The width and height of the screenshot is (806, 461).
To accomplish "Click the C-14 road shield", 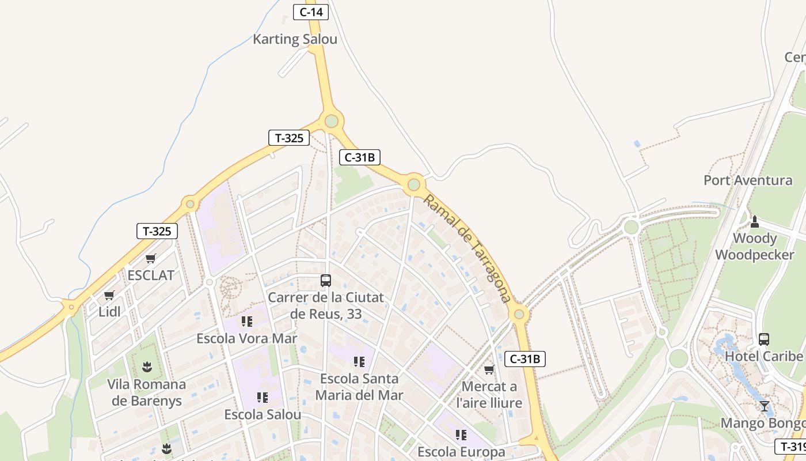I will click(311, 12).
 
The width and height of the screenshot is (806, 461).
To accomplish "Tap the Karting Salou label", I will click(295, 39).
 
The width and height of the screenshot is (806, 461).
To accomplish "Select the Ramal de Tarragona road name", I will click(467, 248).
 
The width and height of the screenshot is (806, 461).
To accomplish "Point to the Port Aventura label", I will click(748, 180).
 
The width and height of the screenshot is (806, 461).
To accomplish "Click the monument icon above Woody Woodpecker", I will click(755, 221).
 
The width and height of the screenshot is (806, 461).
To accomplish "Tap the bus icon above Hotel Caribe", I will click(764, 339).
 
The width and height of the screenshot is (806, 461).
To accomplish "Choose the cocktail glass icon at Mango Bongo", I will click(764, 406).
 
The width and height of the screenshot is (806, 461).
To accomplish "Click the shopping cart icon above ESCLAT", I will click(151, 258).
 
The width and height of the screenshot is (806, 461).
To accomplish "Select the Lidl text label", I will click(109, 312).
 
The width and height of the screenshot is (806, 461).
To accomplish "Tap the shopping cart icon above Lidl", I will click(109, 296).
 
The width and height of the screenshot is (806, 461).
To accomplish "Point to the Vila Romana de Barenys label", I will click(147, 392).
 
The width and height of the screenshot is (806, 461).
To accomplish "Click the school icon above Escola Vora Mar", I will click(247, 321).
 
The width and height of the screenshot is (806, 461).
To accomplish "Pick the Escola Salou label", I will click(263, 414).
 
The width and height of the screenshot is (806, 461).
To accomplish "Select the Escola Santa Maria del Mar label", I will click(359, 387).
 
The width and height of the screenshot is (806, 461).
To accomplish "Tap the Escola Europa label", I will click(461, 451).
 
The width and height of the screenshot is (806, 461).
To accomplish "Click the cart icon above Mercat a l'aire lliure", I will click(489, 369).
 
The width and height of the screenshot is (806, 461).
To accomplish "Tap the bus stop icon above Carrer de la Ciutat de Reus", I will click(326, 281).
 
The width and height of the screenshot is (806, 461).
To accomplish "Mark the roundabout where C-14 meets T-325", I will click(331, 121).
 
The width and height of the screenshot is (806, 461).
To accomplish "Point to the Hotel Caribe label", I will click(763, 356).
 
